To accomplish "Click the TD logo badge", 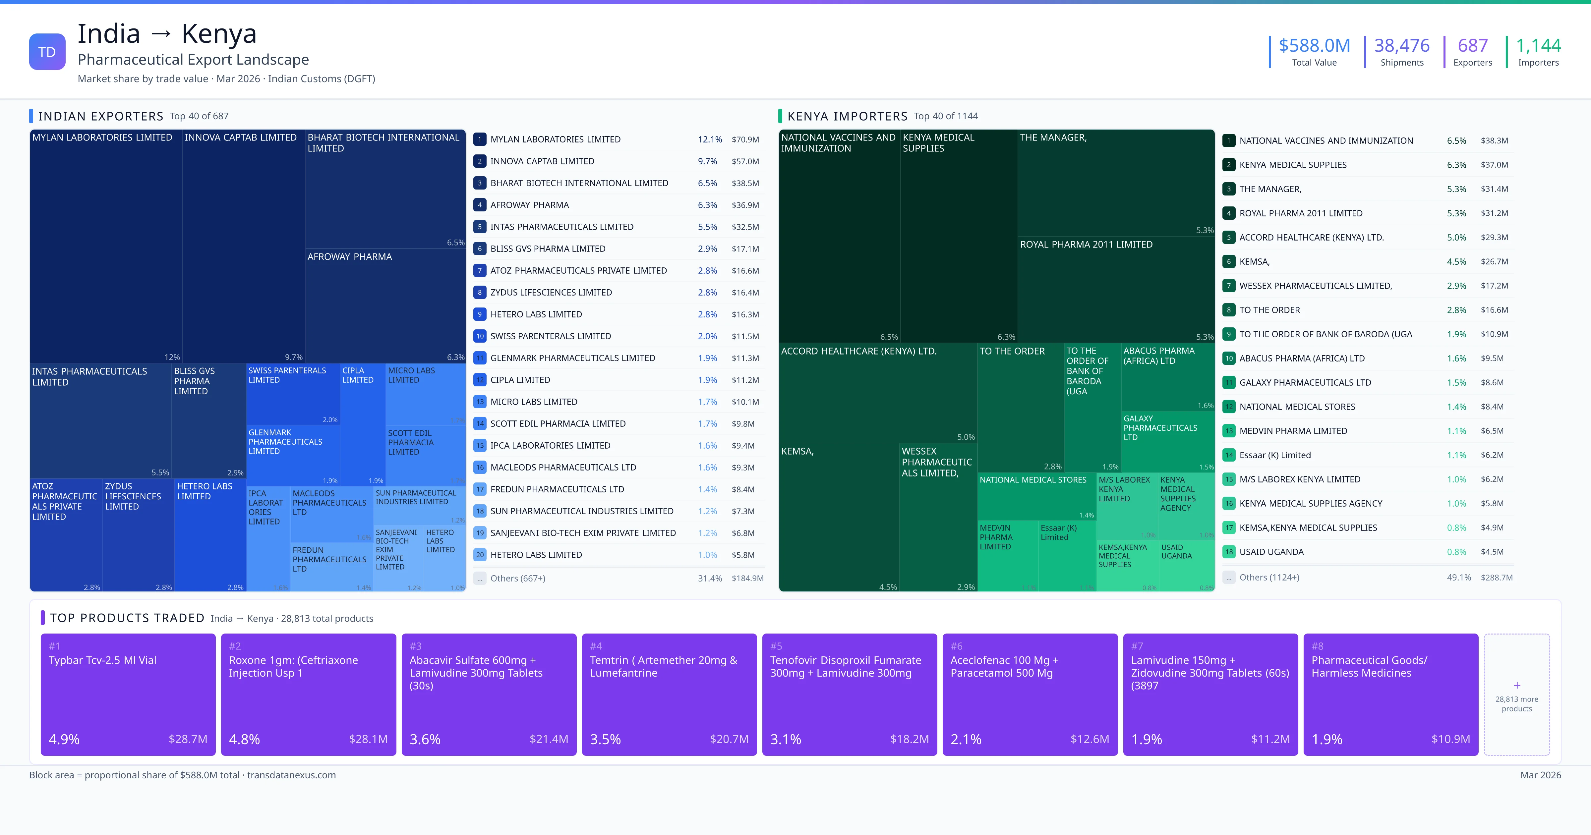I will (x=47, y=52).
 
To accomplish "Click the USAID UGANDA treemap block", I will (x=1186, y=565).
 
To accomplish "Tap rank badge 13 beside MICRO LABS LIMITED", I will (x=480, y=402).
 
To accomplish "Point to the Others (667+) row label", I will (x=517, y=579).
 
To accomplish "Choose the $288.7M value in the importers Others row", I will (x=1496, y=578).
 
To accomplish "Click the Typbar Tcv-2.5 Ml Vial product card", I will (x=128, y=694).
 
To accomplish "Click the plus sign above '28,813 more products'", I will (x=1517, y=686).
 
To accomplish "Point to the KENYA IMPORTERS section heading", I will (x=848, y=116).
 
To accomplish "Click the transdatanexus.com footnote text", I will (x=292, y=775).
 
